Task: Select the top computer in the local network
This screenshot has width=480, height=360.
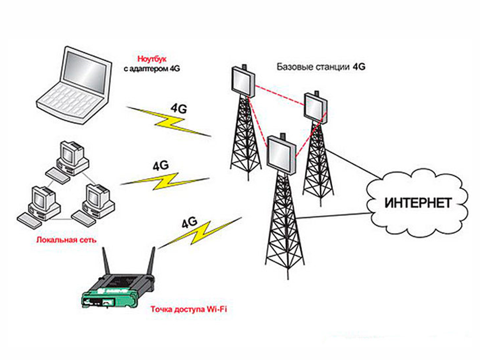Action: click(x=73, y=155)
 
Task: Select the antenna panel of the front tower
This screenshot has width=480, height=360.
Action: click(x=282, y=152)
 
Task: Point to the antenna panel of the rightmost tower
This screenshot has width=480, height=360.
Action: click(x=315, y=107)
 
